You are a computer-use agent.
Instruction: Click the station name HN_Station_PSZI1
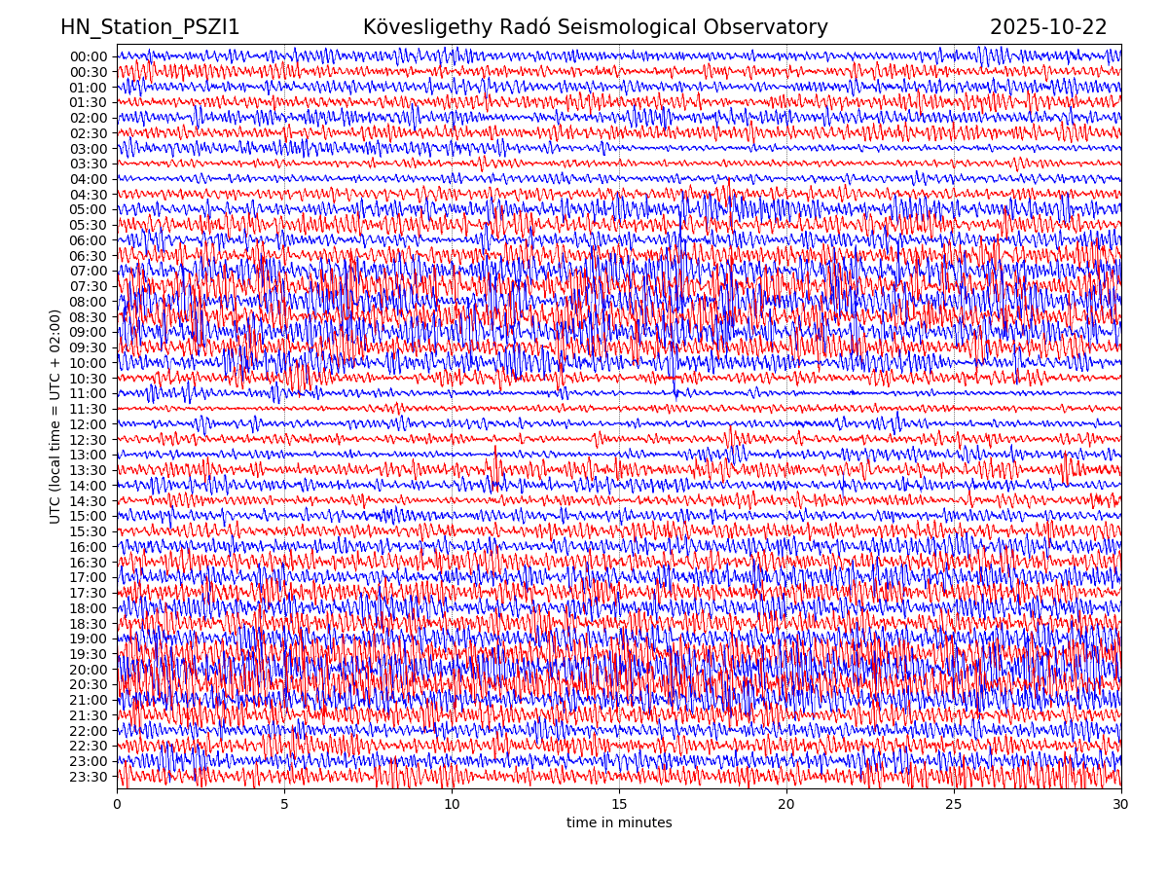click(x=150, y=27)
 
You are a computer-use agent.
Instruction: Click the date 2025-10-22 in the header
click(x=1048, y=27)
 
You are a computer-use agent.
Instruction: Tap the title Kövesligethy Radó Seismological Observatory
click(x=595, y=27)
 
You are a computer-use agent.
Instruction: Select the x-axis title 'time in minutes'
click(x=619, y=822)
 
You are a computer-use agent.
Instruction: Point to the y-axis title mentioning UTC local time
click(x=55, y=417)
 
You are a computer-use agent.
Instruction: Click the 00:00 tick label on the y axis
click(x=89, y=56)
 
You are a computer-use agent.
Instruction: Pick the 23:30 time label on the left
click(x=89, y=777)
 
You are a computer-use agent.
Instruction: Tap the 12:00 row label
click(x=89, y=424)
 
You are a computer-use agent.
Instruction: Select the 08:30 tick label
click(x=89, y=317)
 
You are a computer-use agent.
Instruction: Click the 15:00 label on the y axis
click(x=89, y=517)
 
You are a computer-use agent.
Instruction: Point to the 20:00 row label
click(x=89, y=670)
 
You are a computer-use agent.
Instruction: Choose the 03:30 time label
click(x=89, y=164)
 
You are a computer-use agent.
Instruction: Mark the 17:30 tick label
click(x=89, y=593)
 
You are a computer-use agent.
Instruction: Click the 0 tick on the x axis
click(x=117, y=805)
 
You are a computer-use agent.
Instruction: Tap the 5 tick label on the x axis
click(x=284, y=805)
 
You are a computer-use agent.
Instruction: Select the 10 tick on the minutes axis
click(x=452, y=805)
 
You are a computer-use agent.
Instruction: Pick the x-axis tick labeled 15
click(x=619, y=805)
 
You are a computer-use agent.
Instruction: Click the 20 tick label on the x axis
click(x=786, y=805)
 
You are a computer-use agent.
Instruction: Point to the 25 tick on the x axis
click(x=954, y=805)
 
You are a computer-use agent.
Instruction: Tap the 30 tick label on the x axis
click(x=1121, y=805)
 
